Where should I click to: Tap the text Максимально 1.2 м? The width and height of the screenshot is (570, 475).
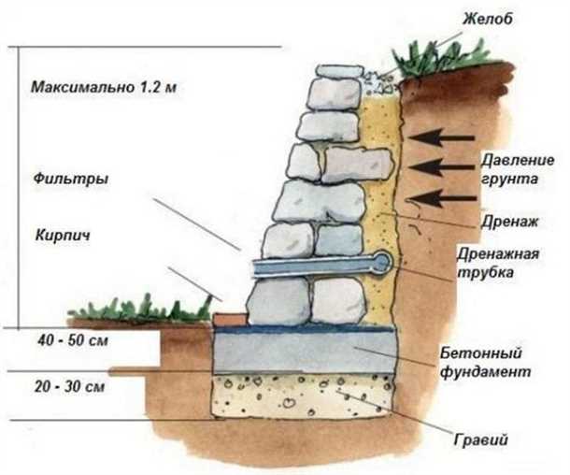104,89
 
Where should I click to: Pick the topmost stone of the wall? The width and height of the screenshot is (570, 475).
338,71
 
